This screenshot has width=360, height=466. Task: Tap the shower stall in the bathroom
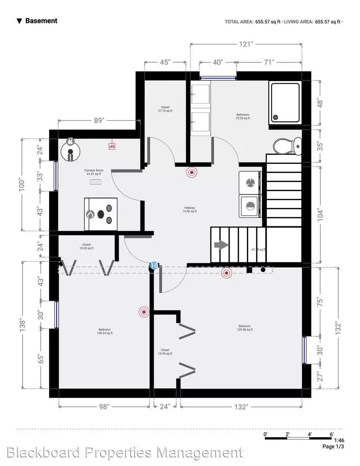[x=285, y=102]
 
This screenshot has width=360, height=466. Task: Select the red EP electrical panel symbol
[x=111, y=146]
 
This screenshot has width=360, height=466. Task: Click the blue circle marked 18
[x=154, y=266]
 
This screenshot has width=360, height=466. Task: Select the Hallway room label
[x=189, y=209]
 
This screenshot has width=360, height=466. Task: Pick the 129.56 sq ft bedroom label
[x=245, y=328]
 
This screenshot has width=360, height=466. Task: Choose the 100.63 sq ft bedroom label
[x=104, y=331]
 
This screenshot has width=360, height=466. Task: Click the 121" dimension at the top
[x=246, y=44]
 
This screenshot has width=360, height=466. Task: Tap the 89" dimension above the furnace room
[x=99, y=121]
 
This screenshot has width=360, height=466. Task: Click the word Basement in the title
[x=41, y=21]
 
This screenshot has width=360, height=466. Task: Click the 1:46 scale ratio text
[x=339, y=441]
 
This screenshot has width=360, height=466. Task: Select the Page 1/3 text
[x=333, y=447]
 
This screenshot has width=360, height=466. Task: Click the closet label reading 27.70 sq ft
[x=165, y=109]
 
